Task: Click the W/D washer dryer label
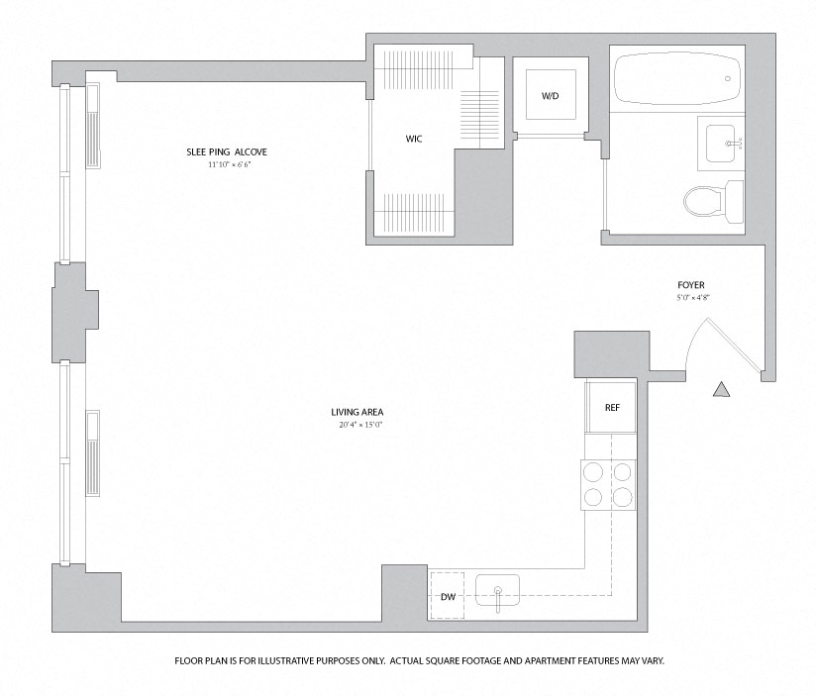(x=549, y=96)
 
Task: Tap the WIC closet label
(x=413, y=139)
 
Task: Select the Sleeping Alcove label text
(x=228, y=151)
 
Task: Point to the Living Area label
(x=357, y=412)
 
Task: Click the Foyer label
(x=690, y=285)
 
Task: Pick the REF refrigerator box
(x=611, y=407)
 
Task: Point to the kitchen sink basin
(x=498, y=595)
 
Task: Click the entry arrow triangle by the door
(x=721, y=389)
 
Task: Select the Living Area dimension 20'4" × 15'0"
(x=359, y=426)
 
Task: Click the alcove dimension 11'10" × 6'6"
(x=229, y=164)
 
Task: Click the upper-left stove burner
(x=594, y=472)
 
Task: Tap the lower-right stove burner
(x=622, y=498)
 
